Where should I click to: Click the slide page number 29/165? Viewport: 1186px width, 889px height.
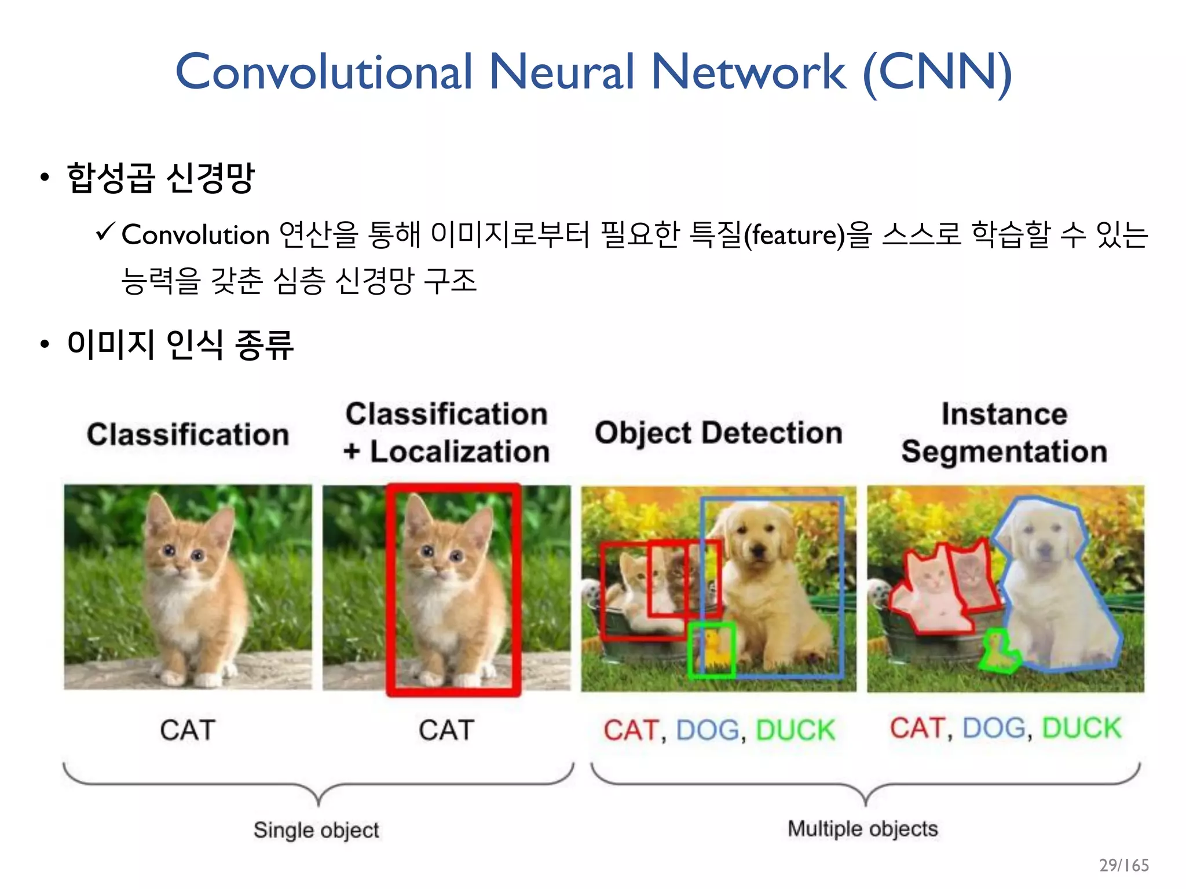click(1123, 865)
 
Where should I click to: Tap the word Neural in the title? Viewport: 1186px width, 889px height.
click(562, 72)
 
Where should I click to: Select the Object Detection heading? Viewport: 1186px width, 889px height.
click(718, 433)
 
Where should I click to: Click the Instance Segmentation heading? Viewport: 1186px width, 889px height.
click(1004, 433)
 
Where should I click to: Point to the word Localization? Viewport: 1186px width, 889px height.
click(460, 452)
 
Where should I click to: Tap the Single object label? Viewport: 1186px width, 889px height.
click(316, 830)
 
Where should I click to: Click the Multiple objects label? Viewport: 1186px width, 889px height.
click(862, 829)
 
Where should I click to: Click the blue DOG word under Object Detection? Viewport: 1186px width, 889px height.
click(708, 730)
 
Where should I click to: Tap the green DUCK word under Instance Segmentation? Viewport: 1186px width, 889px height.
click(1081, 728)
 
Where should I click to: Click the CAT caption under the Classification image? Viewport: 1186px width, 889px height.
click(188, 730)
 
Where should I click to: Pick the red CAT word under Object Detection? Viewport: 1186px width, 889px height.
click(630, 730)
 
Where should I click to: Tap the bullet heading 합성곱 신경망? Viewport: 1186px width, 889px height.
click(160, 178)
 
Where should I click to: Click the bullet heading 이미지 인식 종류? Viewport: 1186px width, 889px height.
click(180, 344)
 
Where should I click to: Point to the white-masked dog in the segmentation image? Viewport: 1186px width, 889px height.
click(1054, 596)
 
